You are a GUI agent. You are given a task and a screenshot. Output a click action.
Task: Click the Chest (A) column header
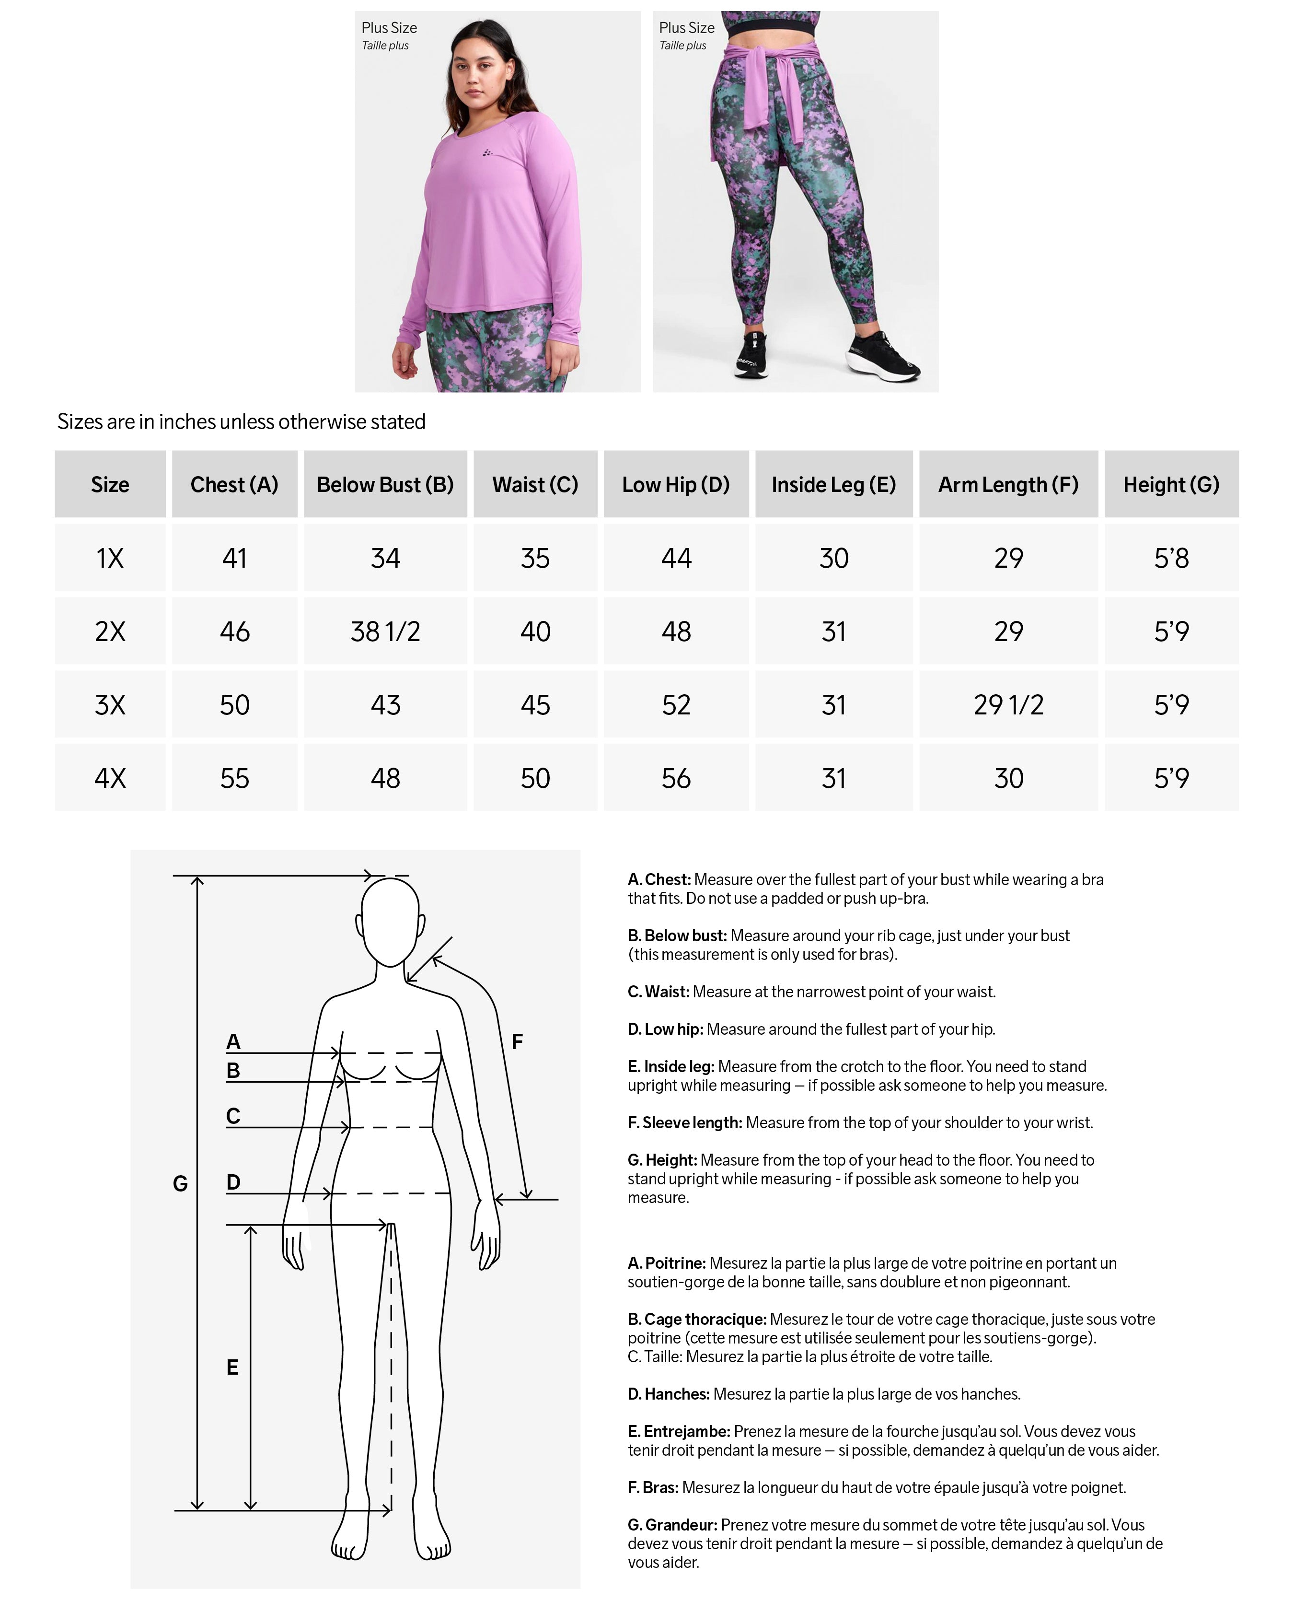click(234, 485)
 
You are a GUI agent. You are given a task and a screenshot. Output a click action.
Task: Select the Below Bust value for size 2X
click(385, 631)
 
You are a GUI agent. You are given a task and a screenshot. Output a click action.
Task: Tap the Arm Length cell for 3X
click(1008, 705)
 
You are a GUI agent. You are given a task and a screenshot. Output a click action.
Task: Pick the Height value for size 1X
click(1171, 558)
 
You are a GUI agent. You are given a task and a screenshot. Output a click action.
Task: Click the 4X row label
click(110, 778)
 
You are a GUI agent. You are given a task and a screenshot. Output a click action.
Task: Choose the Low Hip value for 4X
click(676, 778)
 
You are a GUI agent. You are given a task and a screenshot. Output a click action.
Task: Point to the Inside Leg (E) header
click(833, 485)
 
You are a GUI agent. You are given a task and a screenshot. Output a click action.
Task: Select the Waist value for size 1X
click(535, 558)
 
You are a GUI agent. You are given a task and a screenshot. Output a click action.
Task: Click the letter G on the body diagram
click(180, 1183)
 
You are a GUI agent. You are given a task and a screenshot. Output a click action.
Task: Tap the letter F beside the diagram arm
click(517, 1042)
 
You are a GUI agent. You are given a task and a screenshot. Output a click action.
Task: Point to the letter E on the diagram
click(232, 1367)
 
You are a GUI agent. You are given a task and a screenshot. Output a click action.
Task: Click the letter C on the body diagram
click(233, 1116)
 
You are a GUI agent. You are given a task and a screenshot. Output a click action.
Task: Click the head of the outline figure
click(390, 921)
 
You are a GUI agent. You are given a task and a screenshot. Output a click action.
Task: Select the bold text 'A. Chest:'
click(659, 879)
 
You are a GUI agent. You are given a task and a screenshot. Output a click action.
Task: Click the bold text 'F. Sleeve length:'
click(685, 1122)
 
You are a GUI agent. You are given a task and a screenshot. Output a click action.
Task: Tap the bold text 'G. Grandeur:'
click(672, 1525)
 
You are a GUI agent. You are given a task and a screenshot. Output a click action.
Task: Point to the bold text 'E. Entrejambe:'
click(679, 1431)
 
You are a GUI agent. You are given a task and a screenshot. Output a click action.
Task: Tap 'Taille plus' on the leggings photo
click(683, 46)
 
